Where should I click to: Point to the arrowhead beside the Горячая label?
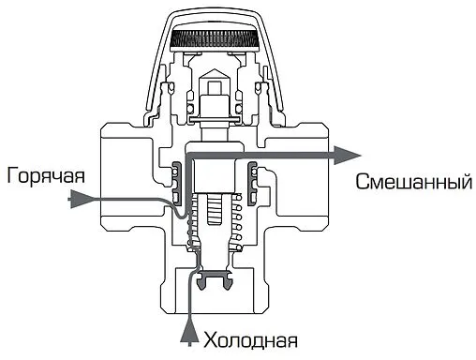90,199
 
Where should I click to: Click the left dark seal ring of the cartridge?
177,173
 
